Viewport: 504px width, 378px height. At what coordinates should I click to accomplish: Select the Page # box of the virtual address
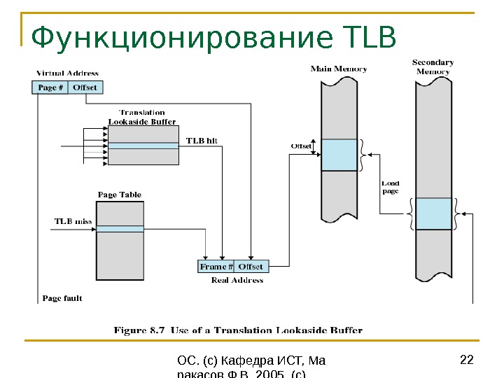click(x=50, y=87)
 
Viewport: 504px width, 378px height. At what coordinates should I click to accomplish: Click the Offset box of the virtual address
click(x=85, y=87)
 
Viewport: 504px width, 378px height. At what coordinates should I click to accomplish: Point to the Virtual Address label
click(x=67, y=73)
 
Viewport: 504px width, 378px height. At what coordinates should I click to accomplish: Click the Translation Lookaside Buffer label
click(x=142, y=117)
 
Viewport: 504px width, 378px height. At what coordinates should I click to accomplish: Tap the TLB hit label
click(x=202, y=140)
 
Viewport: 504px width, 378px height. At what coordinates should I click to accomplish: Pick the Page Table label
click(x=119, y=195)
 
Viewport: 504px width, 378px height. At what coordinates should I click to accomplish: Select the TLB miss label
click(x=73, y=221)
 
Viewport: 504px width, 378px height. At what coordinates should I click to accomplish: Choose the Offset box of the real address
click(x=251, y=267)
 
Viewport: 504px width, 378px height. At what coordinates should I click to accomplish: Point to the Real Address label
click(x=237, y=280)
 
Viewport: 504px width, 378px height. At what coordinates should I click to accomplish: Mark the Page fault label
click(x=62, y=298)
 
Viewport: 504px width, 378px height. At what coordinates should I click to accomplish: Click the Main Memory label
click(x=339, y=69)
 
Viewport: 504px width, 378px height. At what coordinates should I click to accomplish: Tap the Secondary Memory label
click(x=433, y=67)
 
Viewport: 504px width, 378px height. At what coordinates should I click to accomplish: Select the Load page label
click(x=391, y=187)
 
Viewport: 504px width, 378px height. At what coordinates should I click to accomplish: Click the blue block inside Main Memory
click(x=339, y=155)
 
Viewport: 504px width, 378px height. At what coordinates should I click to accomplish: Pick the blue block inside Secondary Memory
click(x=433, y=213)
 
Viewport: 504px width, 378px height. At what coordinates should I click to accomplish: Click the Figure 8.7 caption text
click(x=239, y=330)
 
